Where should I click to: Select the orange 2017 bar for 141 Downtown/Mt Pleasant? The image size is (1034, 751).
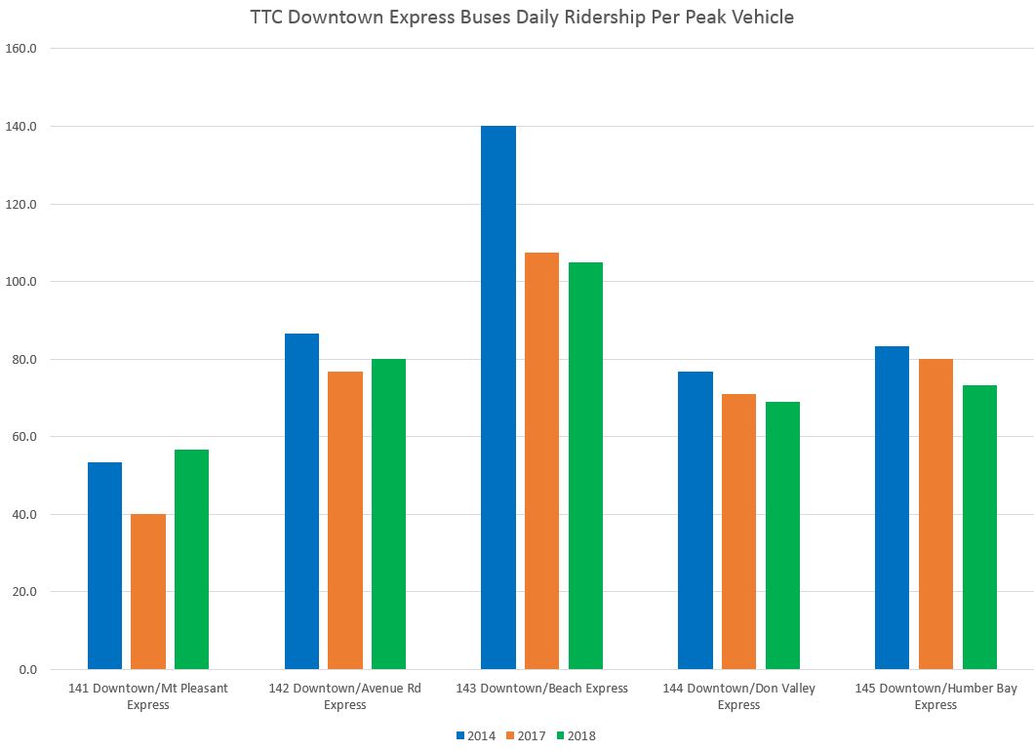(148, 591)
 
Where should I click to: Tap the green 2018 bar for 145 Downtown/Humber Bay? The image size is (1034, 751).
(979, 527)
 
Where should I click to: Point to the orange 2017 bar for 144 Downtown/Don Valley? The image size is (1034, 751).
(738, 532)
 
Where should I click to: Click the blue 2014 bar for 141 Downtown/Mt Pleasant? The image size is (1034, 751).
(104, 566)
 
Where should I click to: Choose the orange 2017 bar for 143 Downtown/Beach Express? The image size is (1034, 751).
(541, 460)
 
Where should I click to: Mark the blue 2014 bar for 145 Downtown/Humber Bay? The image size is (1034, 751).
(892, 507)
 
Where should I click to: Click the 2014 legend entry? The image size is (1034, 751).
(476, 735)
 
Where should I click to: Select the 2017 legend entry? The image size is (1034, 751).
(527, 735)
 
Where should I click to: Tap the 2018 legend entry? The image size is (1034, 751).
(577, 735)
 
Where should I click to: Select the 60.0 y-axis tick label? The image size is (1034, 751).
(23, 437)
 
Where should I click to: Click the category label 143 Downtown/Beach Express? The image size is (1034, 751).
(541, 689)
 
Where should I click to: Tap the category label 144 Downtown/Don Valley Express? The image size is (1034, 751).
(738, 696)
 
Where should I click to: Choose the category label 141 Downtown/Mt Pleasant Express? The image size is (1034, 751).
(148, 696)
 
